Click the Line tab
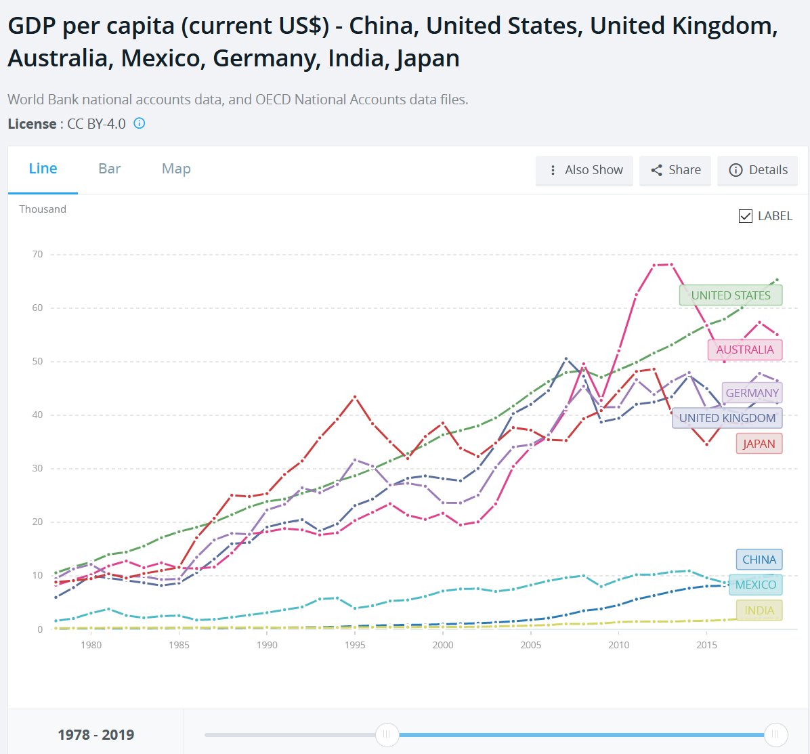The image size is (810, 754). click(x=43, y=169)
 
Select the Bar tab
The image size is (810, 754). click(x=109, y=169)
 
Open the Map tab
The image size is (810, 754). click(x=176, y=169)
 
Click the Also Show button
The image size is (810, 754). click(x=584, y=170)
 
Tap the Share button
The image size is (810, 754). click(x=675, y=170)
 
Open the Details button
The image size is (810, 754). click(x=758, y=170)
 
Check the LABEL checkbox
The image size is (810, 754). click(x=746, y=216)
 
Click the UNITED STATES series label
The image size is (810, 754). click(x=730, y=295)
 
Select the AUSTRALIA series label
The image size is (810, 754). click(x=744, y=350)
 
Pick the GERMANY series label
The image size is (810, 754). click(x=752, y=393)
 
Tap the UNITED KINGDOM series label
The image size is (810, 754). click(x=727, y=418)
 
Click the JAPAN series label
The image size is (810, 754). click(x=759, y=444)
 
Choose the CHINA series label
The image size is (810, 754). click(x=759, y=560)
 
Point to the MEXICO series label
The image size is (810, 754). click(x=755, y=585)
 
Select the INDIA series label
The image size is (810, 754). click(x=759, y=610)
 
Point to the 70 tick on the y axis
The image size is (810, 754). click(x=37, y=255)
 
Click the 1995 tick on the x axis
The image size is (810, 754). click(x=355, y=645)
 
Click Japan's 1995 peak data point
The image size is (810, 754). click(x=355, y=397)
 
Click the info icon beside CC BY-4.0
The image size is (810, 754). click(x=139, y=123)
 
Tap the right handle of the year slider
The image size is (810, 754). click(x=775, y=734)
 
